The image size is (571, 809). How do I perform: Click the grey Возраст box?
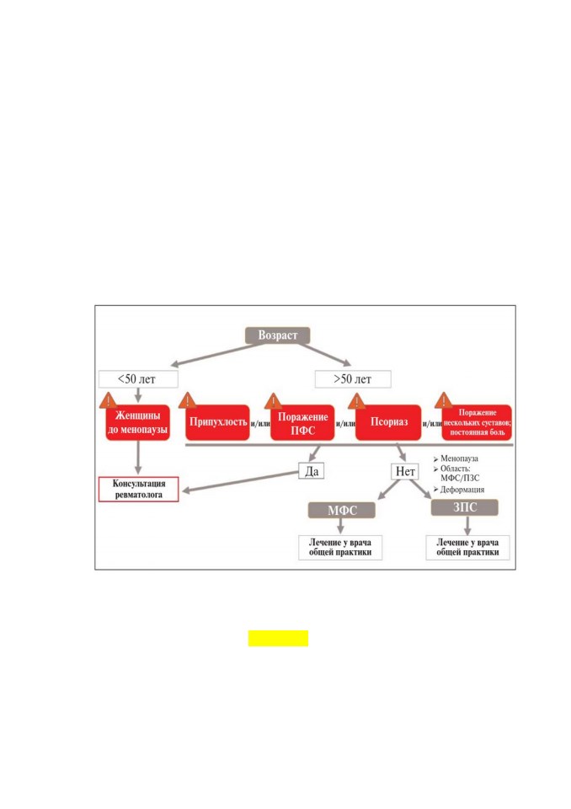[278, 335]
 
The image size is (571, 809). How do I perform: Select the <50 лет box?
[138, 379]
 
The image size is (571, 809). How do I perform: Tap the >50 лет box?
[353, 379]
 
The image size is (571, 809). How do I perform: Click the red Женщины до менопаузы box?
[138, 422]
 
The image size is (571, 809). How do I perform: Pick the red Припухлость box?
[217, 422]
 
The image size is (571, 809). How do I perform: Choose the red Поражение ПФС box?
[303, 422]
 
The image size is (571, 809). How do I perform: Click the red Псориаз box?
[388, 422]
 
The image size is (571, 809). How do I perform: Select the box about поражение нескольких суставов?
[478, 422]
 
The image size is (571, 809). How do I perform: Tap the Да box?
[312, 471]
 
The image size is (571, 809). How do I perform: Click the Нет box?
[405, 471]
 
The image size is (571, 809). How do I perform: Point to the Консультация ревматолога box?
[139, 489]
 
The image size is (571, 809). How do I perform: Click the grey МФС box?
[341, 511]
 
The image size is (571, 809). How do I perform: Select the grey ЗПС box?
[465, 507]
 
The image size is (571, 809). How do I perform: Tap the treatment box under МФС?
[340, 548]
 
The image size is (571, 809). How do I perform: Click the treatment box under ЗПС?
[467, 548]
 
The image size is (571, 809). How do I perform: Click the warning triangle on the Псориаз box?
[356, 402]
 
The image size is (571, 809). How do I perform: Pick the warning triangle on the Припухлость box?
[187, 401]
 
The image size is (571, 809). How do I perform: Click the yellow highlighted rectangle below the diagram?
[278, 638]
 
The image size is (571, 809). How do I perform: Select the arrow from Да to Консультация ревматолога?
[241, 481]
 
